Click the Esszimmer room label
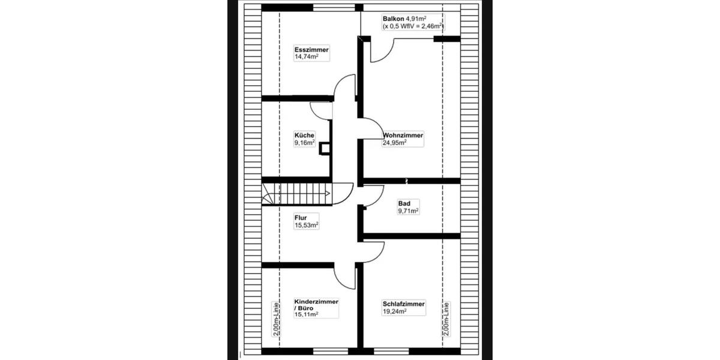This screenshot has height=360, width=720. [x=311, y=49]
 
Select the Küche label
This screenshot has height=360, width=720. [x=304, y=136]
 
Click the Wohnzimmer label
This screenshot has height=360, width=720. [x=403, y=136]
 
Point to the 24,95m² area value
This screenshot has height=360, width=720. [x=395, y=143]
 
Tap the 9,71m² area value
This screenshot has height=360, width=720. [x=408, y=211]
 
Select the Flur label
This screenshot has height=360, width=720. [x=301, y=218]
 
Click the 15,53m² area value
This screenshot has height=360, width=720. [x=306, y=226]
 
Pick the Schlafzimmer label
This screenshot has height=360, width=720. [x=404, y=304]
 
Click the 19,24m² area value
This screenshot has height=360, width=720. [x=395, y=312]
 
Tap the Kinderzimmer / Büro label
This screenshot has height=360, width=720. [x=316, y=305]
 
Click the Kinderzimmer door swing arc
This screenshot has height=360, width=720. [x=344, y=277]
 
